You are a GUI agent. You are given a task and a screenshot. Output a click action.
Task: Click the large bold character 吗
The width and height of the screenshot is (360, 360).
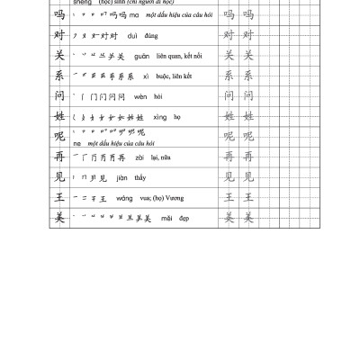pos(60,16)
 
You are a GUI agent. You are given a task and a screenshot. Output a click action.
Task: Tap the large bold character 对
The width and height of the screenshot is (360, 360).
pos(60,36)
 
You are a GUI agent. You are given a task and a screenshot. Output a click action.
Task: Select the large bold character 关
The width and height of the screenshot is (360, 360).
pos(60,56)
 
